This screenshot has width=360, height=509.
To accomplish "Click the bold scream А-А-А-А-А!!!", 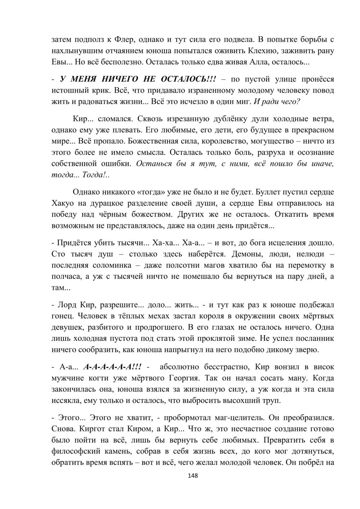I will (112, 367).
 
